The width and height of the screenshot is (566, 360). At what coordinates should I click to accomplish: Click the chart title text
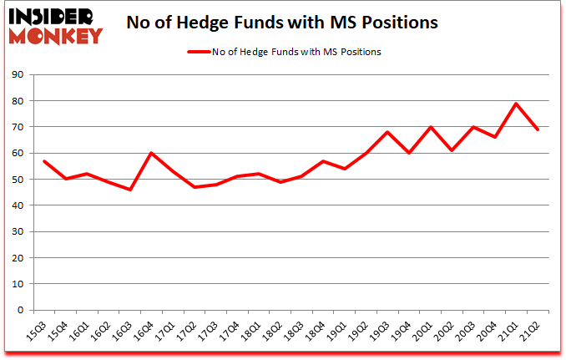[x=282, y=23]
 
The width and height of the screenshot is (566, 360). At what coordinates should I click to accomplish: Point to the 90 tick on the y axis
[x=18, y=75]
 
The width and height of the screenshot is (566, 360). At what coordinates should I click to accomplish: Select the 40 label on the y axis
[x=18, y=205]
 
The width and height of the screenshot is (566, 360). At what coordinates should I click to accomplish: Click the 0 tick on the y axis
[x=21, y=310]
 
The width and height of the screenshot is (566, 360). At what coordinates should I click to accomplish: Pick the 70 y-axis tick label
[x=18, y=127]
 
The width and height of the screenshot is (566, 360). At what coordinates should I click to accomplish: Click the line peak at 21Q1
[x=517, y=104]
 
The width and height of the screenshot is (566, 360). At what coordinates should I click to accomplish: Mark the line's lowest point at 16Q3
[x=130, y=190]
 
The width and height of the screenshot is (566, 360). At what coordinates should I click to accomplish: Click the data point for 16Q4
[x=151, y=153]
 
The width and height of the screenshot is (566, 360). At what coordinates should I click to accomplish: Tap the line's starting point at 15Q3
[x=43, y=161]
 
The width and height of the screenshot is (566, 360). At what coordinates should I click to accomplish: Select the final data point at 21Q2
[x=538, y=129]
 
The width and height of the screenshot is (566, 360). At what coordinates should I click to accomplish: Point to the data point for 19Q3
[x=387, y=132]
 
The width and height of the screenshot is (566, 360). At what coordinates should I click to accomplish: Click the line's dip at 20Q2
[x=452, y=150]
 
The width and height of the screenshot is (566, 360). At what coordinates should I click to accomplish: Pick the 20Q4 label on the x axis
[x=491, y=331]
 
